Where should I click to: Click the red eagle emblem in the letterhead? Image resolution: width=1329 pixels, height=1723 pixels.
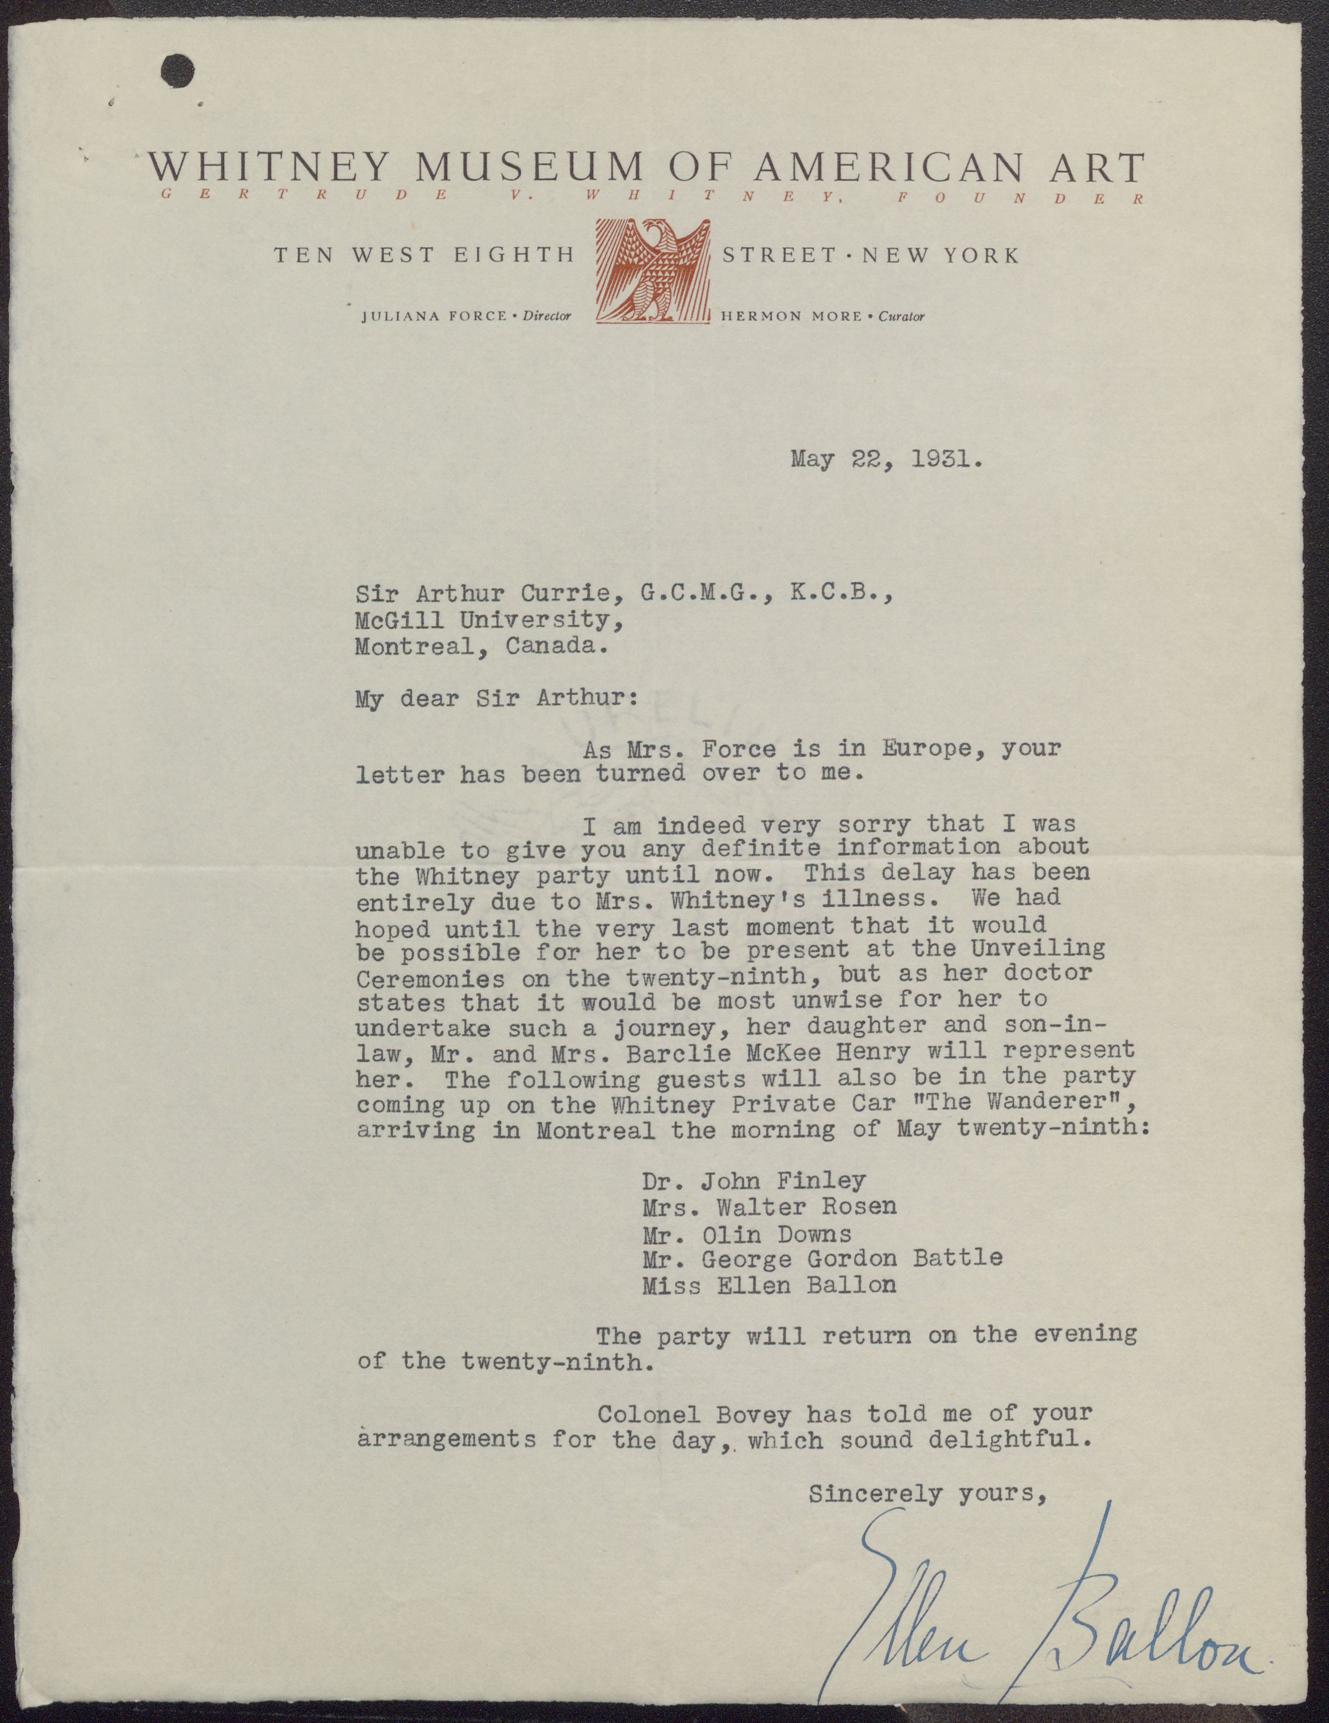coord(651,270)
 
